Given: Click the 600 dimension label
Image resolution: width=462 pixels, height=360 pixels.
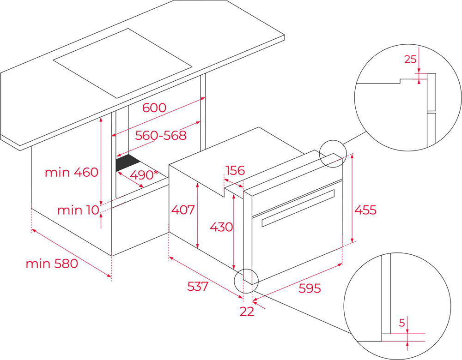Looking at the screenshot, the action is (154, 108).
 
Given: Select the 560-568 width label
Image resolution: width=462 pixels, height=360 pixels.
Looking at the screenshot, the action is (161, 135).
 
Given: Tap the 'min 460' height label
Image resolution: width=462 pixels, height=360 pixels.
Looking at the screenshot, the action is (71, 172).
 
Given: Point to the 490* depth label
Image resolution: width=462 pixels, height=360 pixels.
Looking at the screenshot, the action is (144, 175).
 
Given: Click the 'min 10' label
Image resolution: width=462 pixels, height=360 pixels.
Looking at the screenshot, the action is (79, 210).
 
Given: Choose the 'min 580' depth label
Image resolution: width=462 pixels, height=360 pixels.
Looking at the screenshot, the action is (52, 264).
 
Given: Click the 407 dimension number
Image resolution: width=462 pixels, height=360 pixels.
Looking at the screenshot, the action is (183, 210).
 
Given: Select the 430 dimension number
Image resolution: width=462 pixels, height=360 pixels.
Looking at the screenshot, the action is (221, 227).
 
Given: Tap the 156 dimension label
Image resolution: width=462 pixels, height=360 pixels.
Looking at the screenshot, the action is (235, 170).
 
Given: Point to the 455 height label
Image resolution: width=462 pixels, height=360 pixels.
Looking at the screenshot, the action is (365, 210).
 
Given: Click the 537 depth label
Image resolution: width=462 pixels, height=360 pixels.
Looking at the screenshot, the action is (198, 286).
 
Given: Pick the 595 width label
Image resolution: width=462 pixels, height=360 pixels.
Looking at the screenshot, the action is (310, 288).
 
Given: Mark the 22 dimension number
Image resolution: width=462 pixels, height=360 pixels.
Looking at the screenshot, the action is (247, 312).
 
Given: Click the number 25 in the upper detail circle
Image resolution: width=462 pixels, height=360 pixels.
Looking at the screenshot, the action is (410, 59).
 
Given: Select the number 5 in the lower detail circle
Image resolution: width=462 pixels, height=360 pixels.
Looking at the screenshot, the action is (402, 323).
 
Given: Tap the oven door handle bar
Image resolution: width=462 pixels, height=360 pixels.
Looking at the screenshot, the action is (298, 208).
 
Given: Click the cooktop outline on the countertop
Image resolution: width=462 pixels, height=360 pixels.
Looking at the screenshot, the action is (122, 63).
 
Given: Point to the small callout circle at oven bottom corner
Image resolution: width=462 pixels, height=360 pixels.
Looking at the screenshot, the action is (246, 281).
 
